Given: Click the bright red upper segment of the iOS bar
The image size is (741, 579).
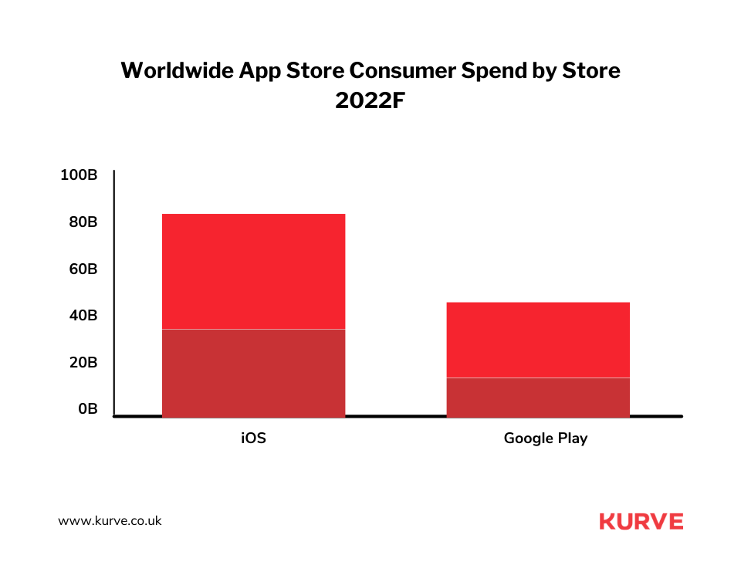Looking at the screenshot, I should coord(253,271).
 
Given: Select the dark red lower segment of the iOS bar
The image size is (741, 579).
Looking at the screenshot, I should coord(253,373).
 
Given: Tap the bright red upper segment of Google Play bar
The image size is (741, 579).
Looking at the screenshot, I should coord(538,340).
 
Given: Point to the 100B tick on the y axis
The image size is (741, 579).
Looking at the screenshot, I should coord(79,175).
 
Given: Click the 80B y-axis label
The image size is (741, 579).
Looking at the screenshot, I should coord(83,222).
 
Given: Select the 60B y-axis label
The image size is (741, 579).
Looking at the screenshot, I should coord(83,269).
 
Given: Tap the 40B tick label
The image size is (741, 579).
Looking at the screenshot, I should coord(83,316).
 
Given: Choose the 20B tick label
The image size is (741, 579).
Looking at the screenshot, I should coord(83,363).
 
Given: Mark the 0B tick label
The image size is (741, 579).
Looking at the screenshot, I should coord(87,409).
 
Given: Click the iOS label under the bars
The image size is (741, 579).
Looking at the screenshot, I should coord(253,438).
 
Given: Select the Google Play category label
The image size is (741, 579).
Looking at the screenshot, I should coord(545,438).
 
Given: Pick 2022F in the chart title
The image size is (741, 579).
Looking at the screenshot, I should coord(370,101).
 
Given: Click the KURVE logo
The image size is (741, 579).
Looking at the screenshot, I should coord(641,521).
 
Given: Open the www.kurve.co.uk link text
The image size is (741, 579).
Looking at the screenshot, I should coord(110,521).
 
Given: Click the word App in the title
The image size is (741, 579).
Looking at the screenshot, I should coord(260,71).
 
